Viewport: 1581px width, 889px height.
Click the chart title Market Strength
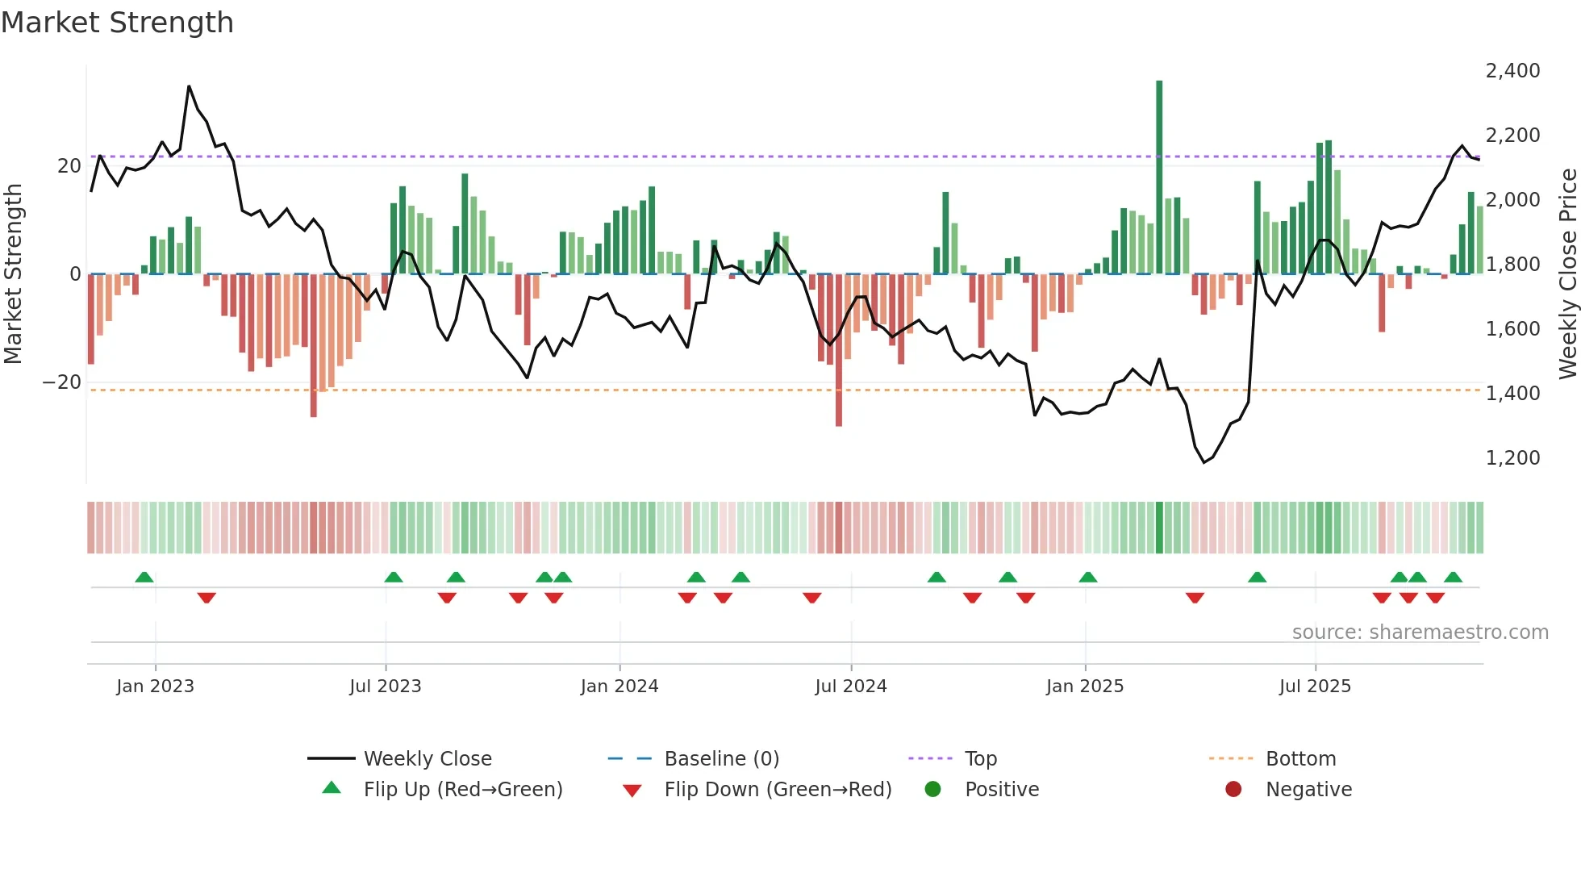pos(117,23)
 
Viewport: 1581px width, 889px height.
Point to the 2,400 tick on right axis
pos(1512,71)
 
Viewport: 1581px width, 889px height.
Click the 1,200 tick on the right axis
pos(1512,458)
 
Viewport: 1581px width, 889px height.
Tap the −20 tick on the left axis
pos(62,382)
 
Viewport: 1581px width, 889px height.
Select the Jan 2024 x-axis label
pos(619,687)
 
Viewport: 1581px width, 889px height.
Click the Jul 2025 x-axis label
pos(1315,687)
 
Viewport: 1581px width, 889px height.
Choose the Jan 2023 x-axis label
pos(155,687)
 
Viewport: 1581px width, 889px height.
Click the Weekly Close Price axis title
pos(1567,274)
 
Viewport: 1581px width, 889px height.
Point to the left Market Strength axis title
pos(13,274)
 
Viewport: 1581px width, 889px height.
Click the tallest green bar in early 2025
pos(1159,177)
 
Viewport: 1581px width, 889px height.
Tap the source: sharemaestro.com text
pos(1420,632)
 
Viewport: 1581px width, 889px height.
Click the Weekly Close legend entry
pos(428,759)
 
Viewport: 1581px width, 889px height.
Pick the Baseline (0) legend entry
pos(721,759)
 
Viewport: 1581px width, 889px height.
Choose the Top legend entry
pos(981,759)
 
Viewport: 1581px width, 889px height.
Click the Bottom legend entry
pos(1300,759)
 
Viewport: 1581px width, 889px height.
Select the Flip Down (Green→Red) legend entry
pos(778,790)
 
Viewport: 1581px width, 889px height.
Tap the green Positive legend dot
pos(933,790)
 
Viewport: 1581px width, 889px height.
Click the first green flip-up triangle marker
pos(144,578)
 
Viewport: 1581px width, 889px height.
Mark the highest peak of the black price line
pos(189,86)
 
